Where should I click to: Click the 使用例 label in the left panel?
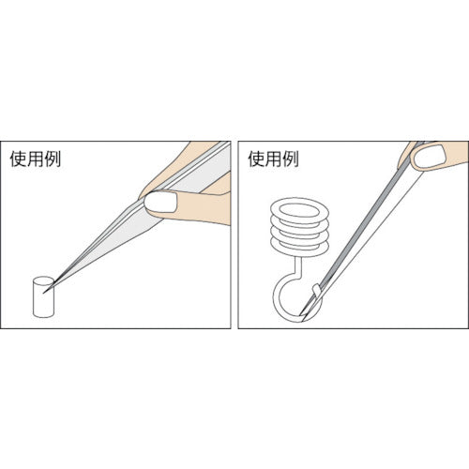point(35,159)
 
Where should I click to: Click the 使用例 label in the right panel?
point(274,159)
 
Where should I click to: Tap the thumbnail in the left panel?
point(160,202)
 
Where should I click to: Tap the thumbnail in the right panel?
point(430,158)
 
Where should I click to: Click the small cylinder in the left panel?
point(43,296)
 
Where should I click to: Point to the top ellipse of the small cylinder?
point(43,280)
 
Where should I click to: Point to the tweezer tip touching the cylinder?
point(44,293)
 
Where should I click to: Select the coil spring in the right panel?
point(299,225)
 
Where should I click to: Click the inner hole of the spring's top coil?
point(299,210)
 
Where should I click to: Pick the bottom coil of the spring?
point(299,245)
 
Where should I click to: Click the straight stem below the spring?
point(298,263)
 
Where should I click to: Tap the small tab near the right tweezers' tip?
point(317,290)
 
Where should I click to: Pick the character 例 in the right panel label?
point(291,159)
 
